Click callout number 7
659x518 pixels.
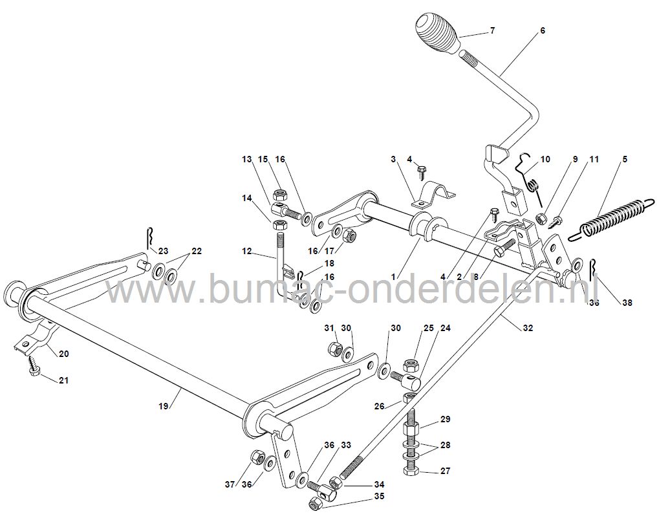pos(492,30)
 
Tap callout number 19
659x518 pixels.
pos(164,405)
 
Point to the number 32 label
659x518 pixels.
pos(528,328)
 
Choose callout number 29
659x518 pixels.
pos(445,420)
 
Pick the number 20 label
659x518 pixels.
pos(63,353)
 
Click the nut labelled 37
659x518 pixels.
pos(254,457)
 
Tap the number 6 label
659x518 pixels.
pos(542,30)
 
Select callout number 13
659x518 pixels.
pos(246,159)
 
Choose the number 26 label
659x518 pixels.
pos(379,406)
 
